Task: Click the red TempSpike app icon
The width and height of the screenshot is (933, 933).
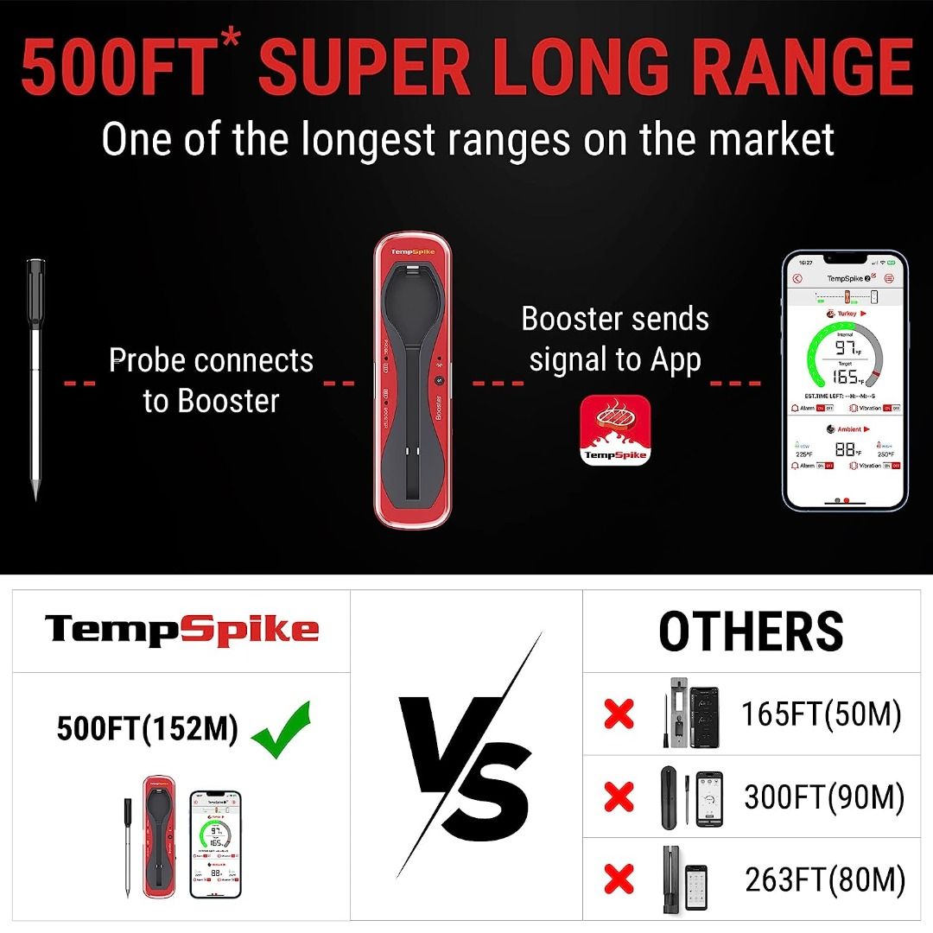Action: coord(614,429)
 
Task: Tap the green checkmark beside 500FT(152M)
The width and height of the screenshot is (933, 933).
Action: coord(281,729)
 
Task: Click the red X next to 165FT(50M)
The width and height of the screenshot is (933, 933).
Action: coord(619,714)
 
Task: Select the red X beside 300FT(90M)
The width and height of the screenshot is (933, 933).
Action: coord(619,797)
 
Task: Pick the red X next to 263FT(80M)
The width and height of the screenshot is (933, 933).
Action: coord(619,879)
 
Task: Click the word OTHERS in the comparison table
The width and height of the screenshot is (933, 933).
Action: coord(751,631)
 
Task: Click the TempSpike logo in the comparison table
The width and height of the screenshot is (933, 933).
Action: coord(181,629)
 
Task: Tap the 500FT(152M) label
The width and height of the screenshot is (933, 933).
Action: coord(147,729)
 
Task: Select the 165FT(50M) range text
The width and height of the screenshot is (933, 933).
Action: coord(821,714)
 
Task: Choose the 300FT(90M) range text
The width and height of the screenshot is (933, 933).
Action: coord(824,797)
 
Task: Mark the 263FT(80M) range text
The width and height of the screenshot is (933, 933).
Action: coord(825,880)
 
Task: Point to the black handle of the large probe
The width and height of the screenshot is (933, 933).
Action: coord(35,294)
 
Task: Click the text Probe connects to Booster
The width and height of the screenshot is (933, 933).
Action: coord(211,380)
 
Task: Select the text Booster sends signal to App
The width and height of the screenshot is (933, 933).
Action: coord(614,339)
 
